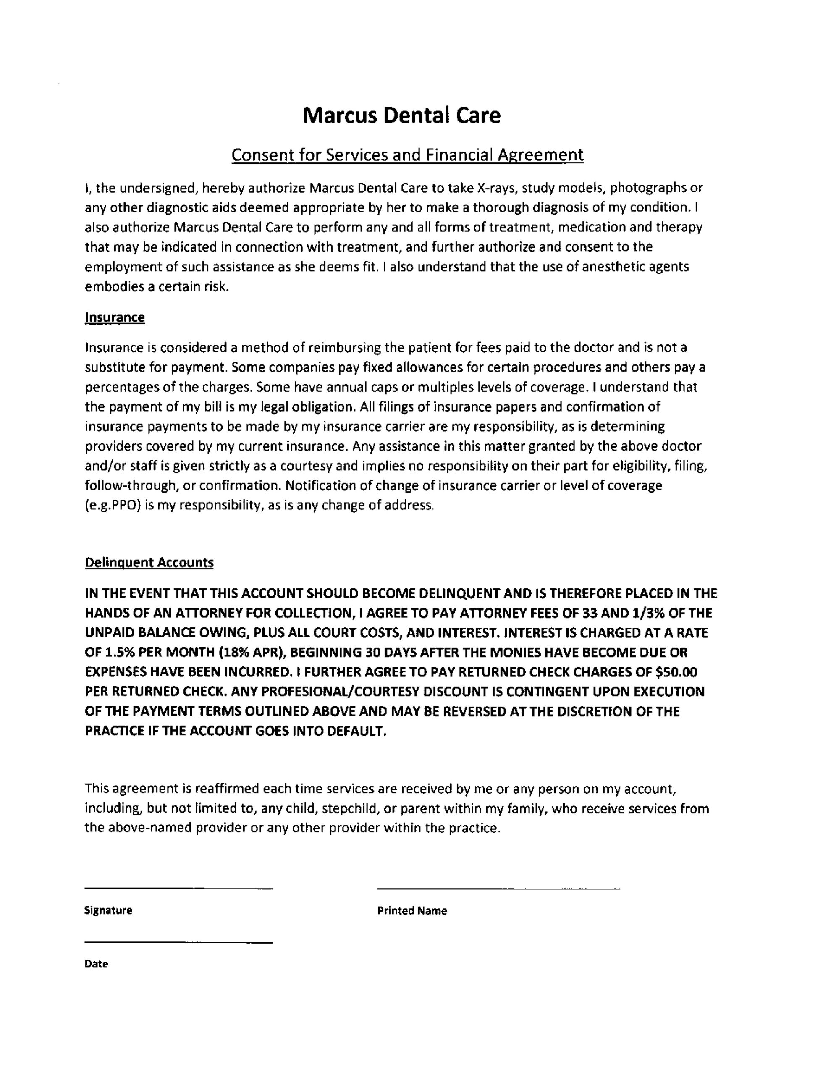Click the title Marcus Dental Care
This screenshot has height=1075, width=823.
point(402,115)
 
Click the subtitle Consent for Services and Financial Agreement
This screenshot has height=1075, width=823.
point(407,155)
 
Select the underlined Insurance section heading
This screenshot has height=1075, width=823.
point(115,317)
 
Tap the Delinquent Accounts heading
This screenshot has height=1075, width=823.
point(149,563)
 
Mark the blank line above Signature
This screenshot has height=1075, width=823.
point(178,887)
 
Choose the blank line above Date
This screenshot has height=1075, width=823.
point(178,942)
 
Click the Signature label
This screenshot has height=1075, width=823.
point(108,910)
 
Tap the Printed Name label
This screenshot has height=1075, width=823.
point(412,911)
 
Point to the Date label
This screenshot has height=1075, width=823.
point(96,964)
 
